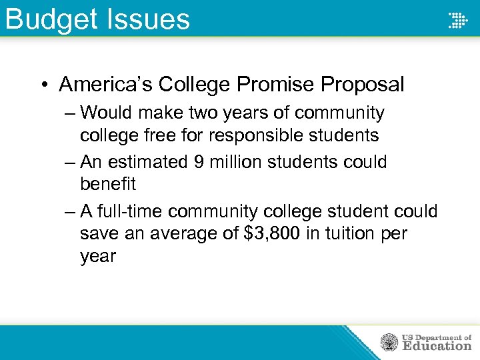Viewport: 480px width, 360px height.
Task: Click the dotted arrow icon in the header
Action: point(457,20)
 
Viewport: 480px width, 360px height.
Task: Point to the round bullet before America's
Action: point(43,85)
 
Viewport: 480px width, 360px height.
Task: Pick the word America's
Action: point(107,85)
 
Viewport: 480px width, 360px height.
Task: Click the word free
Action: point(159,135)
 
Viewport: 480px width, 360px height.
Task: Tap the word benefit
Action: point(107,185)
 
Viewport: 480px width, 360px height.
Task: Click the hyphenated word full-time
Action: point(131,211)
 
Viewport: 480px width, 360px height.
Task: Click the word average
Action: point(181,234)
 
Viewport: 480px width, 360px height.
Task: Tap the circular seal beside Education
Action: point(389,342)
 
